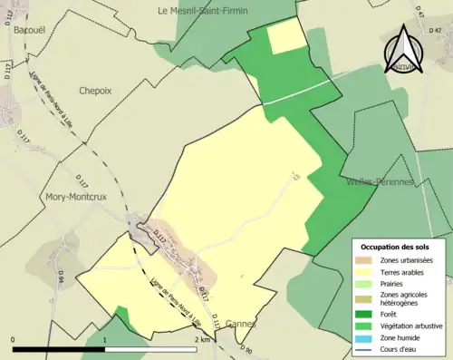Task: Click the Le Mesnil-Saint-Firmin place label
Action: point(202,11)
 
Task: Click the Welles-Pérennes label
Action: point(380,181)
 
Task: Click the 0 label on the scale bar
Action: point(13,339)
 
